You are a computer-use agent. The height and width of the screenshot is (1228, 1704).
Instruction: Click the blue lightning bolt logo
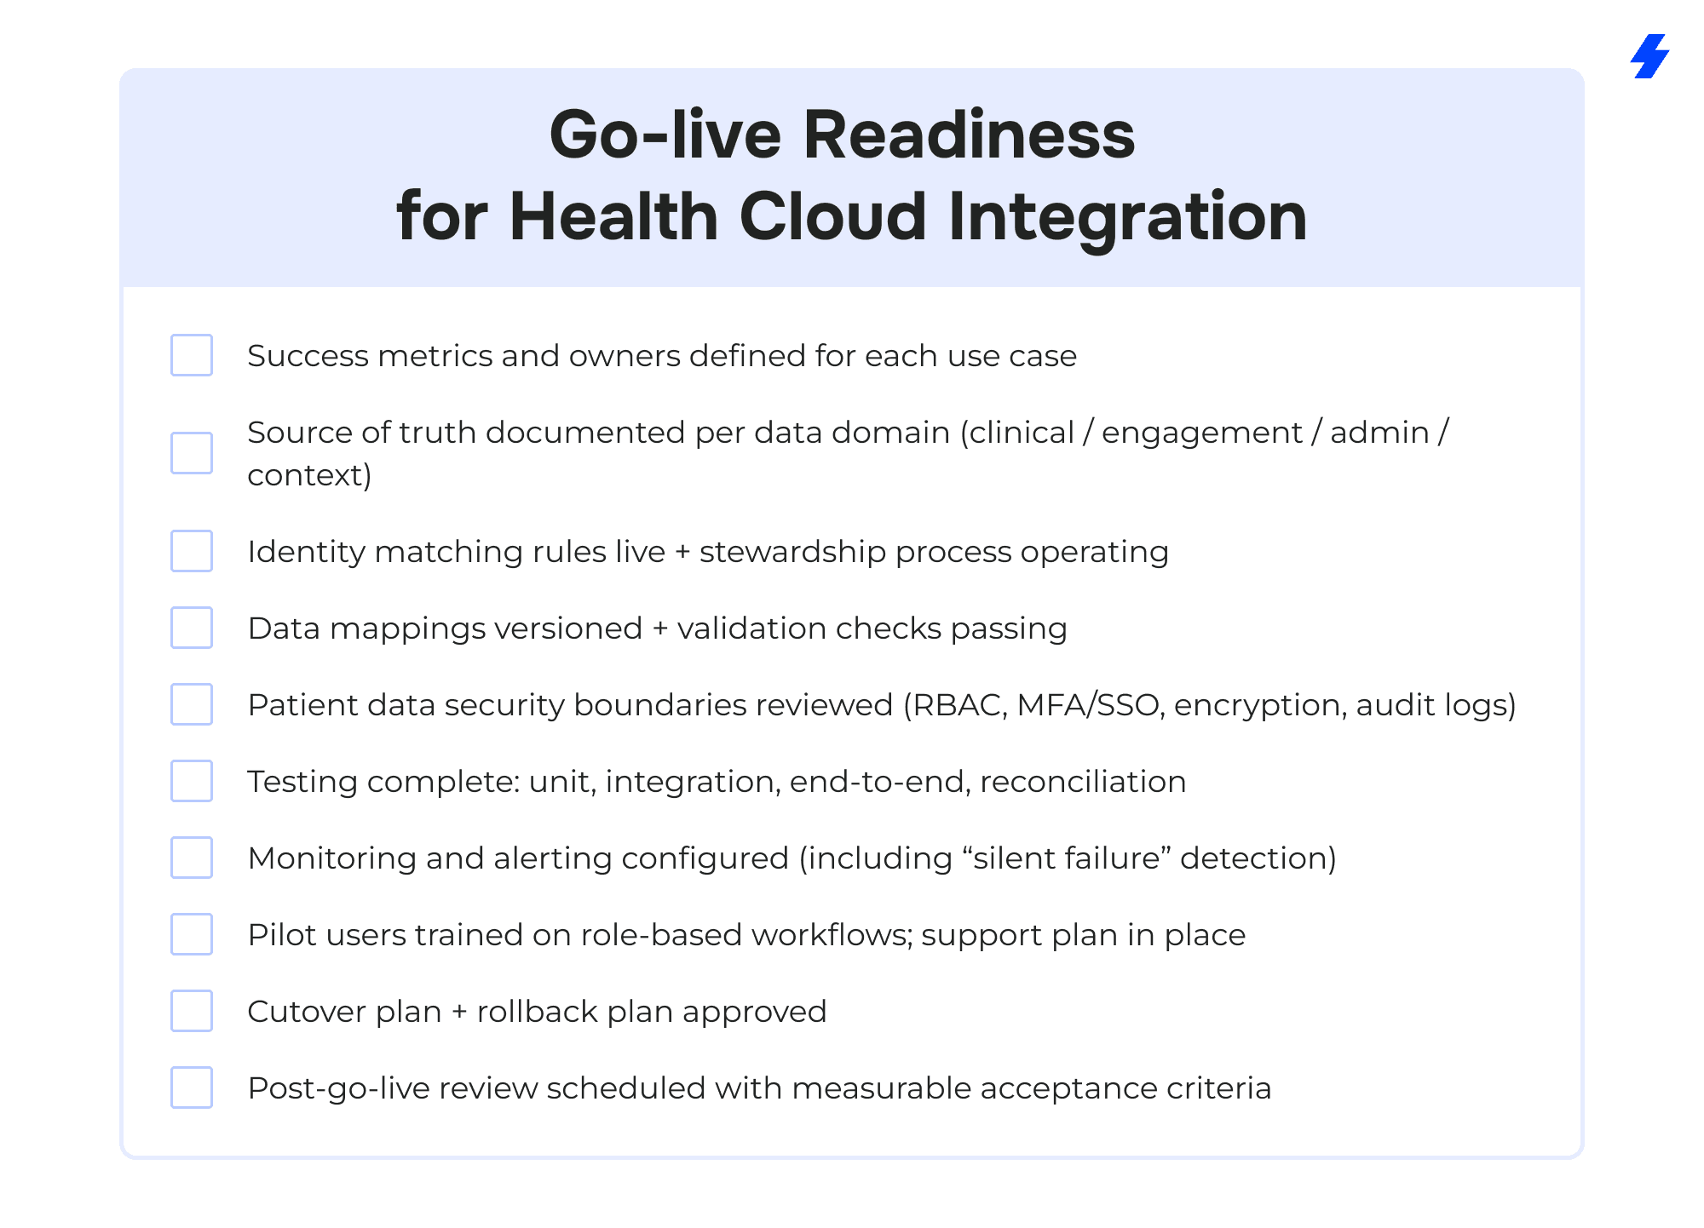(x=1650, y=56)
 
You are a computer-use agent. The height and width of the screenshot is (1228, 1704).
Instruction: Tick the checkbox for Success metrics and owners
(x=192, y=355)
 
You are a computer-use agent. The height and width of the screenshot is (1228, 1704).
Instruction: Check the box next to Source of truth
(x=192, y=453)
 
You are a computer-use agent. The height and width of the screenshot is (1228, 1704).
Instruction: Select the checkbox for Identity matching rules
(x=192, y=551)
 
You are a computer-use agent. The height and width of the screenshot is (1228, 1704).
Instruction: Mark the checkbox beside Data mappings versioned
(x=192, y=628)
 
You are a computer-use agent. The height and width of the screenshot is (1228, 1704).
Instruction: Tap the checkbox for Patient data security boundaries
(x=192, y=704)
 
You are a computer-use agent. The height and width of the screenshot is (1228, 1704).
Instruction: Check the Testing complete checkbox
(x=192, y=781)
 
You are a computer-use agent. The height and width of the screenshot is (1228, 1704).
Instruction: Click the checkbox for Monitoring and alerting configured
(x=192, y=858)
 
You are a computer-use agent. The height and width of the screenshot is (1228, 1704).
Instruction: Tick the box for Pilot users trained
(x=192, y=934)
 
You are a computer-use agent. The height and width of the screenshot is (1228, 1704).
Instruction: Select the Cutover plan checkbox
(x=192, y=1011)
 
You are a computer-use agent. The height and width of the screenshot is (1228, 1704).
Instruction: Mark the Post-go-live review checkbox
(x=192, y=1087)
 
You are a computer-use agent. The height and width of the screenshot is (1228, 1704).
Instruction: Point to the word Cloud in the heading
(x=832, y=216)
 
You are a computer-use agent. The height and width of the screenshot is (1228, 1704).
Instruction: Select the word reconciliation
(x=1083, y=782)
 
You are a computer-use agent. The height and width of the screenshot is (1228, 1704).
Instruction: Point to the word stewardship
(x=792, y=553)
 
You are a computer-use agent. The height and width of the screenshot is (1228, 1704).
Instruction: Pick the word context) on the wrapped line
(x=309, y=475)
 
